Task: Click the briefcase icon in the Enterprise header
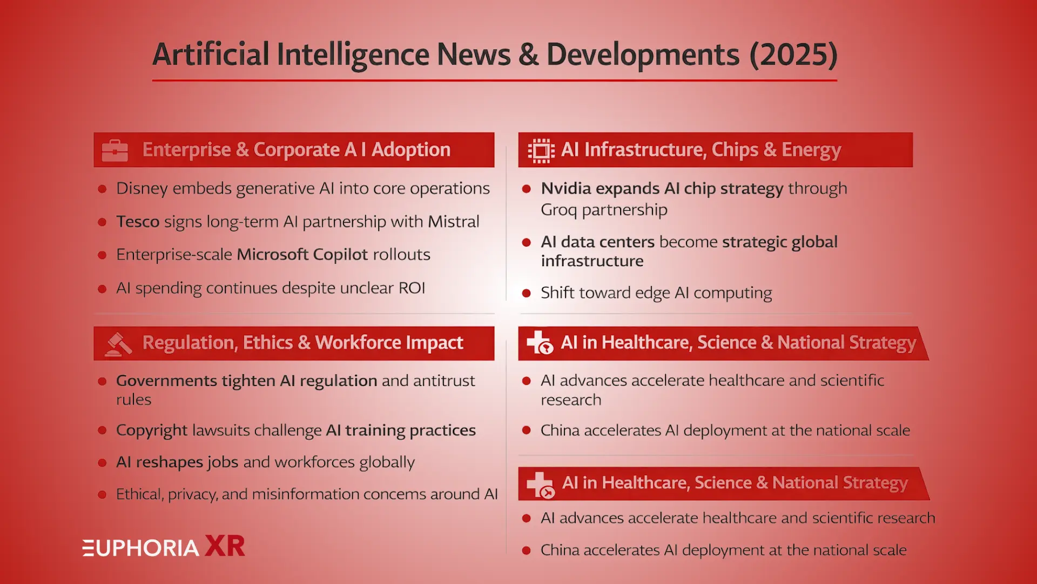(115, 150)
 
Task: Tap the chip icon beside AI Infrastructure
(541, 150)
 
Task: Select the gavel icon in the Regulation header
(118, 344)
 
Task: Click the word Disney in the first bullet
(142, 189)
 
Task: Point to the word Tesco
(138, 222)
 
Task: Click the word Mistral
(453, 222)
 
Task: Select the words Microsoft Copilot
(302, 255)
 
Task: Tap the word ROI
(412, 288)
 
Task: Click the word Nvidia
(566, 189)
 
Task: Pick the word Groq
(558, 210)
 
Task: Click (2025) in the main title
(793, 55)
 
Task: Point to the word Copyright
(152, 430)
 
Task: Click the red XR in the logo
(225, 546)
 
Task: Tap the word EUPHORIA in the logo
(141, 548)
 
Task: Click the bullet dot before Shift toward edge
(527, 294)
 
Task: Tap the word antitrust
(443, 381)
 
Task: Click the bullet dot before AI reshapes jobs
(102, 463)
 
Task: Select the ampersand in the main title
(528, 55)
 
